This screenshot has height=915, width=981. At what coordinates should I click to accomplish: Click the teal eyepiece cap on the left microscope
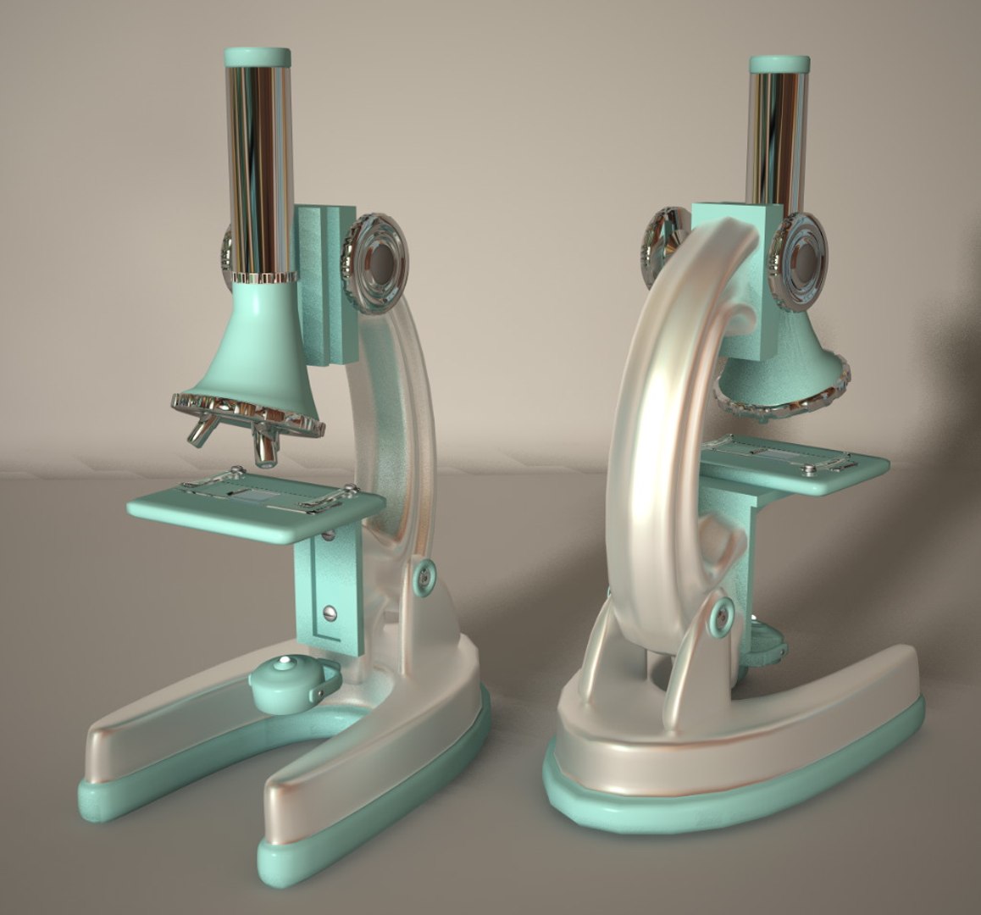[x=258, y=58]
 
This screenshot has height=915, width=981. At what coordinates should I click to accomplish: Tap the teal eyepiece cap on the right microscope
[x=779, y=64]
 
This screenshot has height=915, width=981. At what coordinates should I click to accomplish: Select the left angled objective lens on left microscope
[x=202, y=432]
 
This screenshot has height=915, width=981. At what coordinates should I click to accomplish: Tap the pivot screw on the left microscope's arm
[x=423, y=575]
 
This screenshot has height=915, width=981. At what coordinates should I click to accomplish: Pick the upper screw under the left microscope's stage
[x=328, y=536]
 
